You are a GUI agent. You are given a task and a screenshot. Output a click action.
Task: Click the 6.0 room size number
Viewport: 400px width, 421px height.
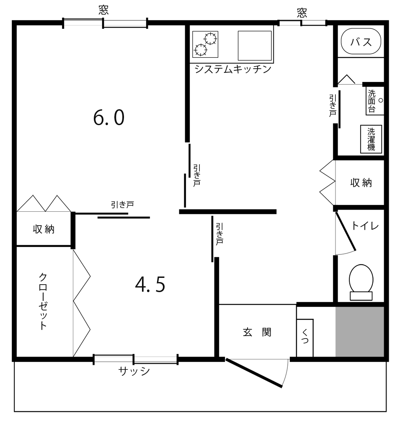tap(108, 118)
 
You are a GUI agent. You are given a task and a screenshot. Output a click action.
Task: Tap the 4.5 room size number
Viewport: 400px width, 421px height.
tap(150, 285)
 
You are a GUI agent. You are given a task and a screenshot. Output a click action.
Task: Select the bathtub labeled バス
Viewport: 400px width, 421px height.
tap(361, 42)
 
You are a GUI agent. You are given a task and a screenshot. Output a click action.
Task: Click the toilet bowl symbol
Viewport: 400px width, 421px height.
tap(361, 279)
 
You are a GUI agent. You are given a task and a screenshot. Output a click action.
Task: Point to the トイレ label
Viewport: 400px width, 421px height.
tap(364, 226)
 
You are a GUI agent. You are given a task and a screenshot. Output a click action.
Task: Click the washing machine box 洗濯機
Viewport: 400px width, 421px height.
tap(371, 139)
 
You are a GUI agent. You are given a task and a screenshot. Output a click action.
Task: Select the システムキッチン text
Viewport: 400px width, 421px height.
tap(233, 69)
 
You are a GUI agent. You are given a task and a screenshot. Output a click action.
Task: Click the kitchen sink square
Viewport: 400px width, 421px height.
tap(255, 45)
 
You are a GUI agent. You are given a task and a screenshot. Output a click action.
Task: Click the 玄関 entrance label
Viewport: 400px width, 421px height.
tap(257, 332)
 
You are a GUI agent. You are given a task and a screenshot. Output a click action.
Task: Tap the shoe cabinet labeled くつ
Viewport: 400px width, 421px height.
tap(305, 337)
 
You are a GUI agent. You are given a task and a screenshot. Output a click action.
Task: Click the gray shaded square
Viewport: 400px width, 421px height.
tap(360, 331)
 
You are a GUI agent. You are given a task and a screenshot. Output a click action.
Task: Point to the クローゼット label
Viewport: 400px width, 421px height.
tap(43, 301)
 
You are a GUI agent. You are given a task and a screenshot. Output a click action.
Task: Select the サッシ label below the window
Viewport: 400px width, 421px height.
tap(134, 371)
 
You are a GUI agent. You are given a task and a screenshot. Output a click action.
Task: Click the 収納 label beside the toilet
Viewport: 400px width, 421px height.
tap(361, 183)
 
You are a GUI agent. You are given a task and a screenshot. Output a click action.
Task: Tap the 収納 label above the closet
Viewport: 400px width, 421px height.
tap(44, 229)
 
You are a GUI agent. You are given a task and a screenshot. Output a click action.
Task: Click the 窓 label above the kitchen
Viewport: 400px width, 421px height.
tap(302, 13)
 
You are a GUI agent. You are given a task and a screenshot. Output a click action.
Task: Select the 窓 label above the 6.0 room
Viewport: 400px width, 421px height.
tap(104, 10)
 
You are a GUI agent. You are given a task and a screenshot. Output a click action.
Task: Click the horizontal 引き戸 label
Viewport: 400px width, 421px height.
tap(122, 205)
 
